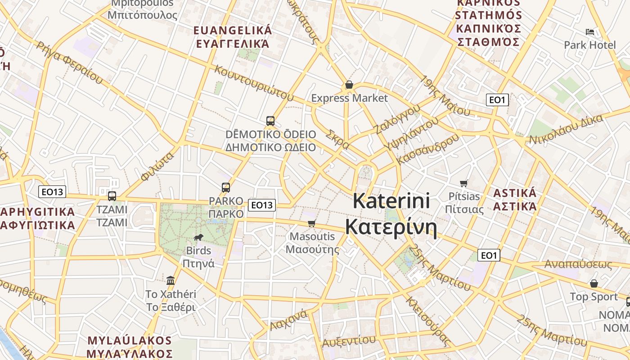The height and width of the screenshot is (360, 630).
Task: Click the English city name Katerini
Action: pyautogui.click(x=391, y=201)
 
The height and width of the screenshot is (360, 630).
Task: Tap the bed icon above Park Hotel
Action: pyautogui.click(x=590, y=32)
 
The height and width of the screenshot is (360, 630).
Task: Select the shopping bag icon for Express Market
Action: pyautogui.click(x=349, y=85)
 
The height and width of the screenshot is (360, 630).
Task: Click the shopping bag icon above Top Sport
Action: pyautogui.click(x=594, y=283)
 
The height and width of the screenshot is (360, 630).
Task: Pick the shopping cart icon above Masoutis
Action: pyautogui.click(x=311, y=223)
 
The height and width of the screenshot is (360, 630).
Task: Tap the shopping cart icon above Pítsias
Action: pyautogui.click(x=464, y=183)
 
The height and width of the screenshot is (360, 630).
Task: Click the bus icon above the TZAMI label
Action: pyautogui.click(x=112, y=196)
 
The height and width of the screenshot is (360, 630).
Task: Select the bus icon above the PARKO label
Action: pyautogui.click(x=226, y=188)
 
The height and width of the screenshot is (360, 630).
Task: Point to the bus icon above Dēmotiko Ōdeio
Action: pyautogui.click(x=270, y=121)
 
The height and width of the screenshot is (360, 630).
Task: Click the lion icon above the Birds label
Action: pyautogui.click(x=198, y=238)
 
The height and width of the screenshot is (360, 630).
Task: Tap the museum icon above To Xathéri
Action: pyautogui.click(x=171, y=281)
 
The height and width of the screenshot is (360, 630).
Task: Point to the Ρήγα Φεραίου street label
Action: pyautogui.click(x=70, y=63)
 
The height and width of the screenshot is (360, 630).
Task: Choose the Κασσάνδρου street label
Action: pyautogui.click(x=428, y=149)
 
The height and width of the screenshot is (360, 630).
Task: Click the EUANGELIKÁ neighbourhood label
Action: pyautogui.click(x=232, y=31)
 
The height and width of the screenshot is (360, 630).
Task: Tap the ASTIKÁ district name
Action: pyautogui.click(x=515, y=193)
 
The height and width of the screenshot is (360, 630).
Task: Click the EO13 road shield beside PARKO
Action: pyautogui.click(x=261, y=205)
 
